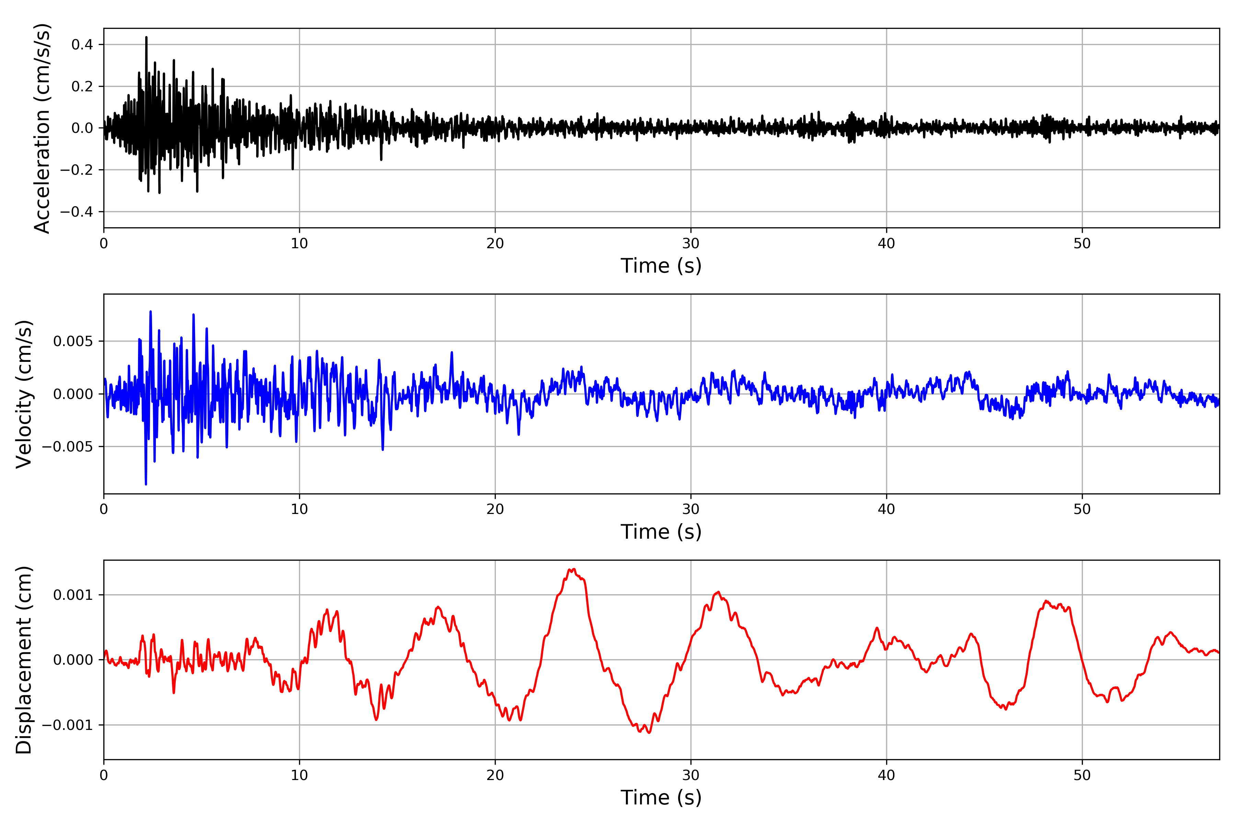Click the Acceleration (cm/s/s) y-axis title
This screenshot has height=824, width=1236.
click(42, 128)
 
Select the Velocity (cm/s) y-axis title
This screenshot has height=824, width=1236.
click(24, 394)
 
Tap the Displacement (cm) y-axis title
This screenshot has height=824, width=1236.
click(24, 660)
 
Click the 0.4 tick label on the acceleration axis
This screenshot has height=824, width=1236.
click(82, 45)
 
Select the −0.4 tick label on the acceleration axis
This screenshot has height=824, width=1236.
click(76, 212)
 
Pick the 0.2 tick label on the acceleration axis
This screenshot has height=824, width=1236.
click(82, 86)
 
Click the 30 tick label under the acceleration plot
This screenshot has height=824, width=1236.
click(690, 243)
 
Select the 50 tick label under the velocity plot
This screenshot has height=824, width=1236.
click(1082, 509)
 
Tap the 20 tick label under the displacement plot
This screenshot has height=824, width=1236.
click(495, 775)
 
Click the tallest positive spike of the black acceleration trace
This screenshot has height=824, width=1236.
click(146, 38)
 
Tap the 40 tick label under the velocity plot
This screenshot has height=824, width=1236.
click(886, 509)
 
